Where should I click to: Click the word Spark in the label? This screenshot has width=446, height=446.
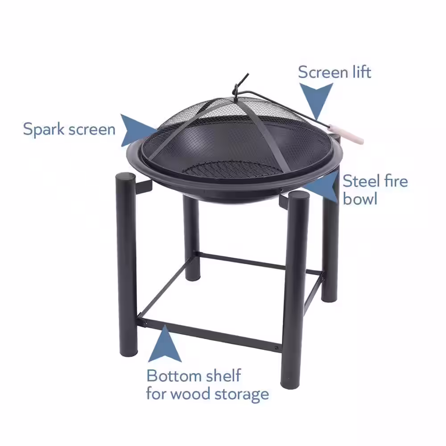tap(44, 130)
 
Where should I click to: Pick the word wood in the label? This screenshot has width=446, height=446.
tap(190, 394)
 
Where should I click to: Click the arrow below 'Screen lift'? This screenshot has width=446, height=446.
tap(316, 100)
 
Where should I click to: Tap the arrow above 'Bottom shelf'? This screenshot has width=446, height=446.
tap(165, 345)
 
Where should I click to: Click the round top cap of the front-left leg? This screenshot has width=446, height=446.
tap(125, 176)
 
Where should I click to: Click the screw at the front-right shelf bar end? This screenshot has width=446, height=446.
tap(277, 348)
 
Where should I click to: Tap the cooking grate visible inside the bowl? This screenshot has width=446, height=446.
tap(231, 169)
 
